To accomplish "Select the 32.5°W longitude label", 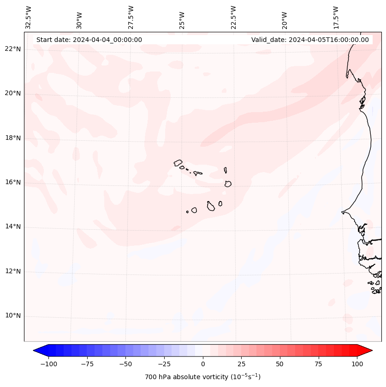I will pyautogui.click(x=29, y=18).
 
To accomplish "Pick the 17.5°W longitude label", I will pyautogui.click(x=336, y=18).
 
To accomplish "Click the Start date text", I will pyautogui.click(x=89, y=40).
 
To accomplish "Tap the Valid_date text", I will pyautogui.click(x=310, y=40).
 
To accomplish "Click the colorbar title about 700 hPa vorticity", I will pyautogui.click(x=203, y=377).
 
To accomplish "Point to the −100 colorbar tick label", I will pyautogui.click(x=48, y=364).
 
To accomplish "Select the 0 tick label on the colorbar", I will pyautogui.click(x=203, y=364).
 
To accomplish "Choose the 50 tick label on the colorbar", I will pyautogui.click(x=280, y=364).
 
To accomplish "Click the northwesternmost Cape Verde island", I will pyautogui.click(x=178, y=163).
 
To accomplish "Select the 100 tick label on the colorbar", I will pyautogui.click(x=357, y=364).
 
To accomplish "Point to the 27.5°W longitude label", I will pyautogui.click(x=131, y=18).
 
